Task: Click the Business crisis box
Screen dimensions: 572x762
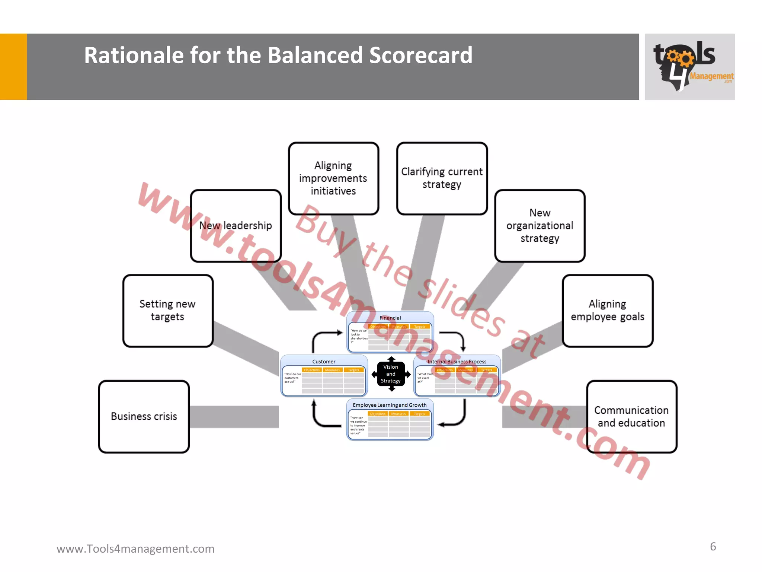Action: pyautogui.click(x=144, y=416)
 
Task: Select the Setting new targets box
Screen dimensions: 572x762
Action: pyautogui.click(x=167, y=311)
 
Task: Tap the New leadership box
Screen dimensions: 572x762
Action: pyautogui.click(x=236, y=226)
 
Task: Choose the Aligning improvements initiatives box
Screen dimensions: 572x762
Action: pyautogui.click(x=333, y=178)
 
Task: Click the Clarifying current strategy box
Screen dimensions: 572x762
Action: pyautogui.click(x=442, y=178)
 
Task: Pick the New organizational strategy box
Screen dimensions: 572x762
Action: pyautogui.click(x=540, y=226)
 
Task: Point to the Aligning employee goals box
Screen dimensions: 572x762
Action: pyautogui.click(x=607, y=311)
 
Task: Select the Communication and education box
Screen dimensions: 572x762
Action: pyautogui.click(x=631, y=416)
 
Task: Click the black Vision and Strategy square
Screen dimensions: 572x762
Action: pyautogui.click(x=391, y=374)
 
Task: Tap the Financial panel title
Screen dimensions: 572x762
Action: pyautogui.click(x=390, y=318)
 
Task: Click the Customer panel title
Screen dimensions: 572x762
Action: pyautogui.click(x=324, y=362)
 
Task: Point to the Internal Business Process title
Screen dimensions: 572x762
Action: pyautogui.click(x=457, y=362)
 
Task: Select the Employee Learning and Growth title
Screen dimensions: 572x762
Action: pyautogui.click(x=390, y=405)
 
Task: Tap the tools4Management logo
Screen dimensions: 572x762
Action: pyautogui.click(x=689, y=67)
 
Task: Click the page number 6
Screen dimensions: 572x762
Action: pyautogui.click(x=713, y=547)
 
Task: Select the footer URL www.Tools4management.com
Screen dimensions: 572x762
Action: pyautogui.click(x=135, y=549)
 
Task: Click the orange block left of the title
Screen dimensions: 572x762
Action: pyautogui.click(x=13, y=67)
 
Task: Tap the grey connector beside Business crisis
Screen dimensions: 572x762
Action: pyautogui.click(x=234, y=417)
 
